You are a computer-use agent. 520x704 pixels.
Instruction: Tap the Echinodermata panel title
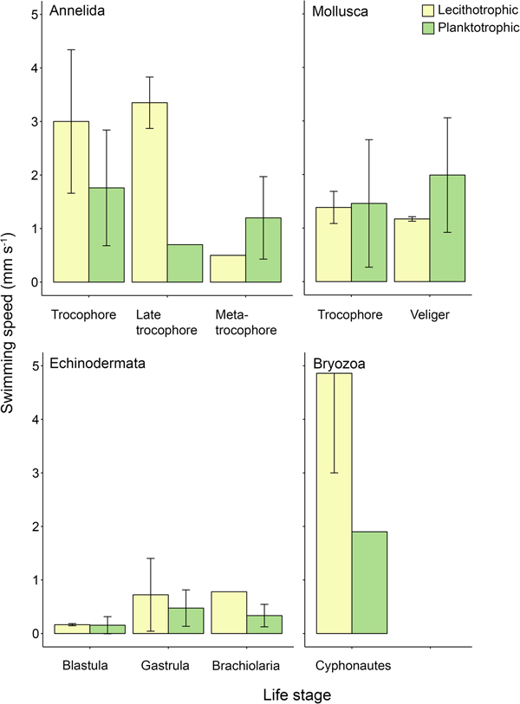click(97, 363)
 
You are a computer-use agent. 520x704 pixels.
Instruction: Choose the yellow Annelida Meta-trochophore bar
click(228, 268)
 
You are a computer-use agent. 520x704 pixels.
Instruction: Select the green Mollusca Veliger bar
click(448, 229)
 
